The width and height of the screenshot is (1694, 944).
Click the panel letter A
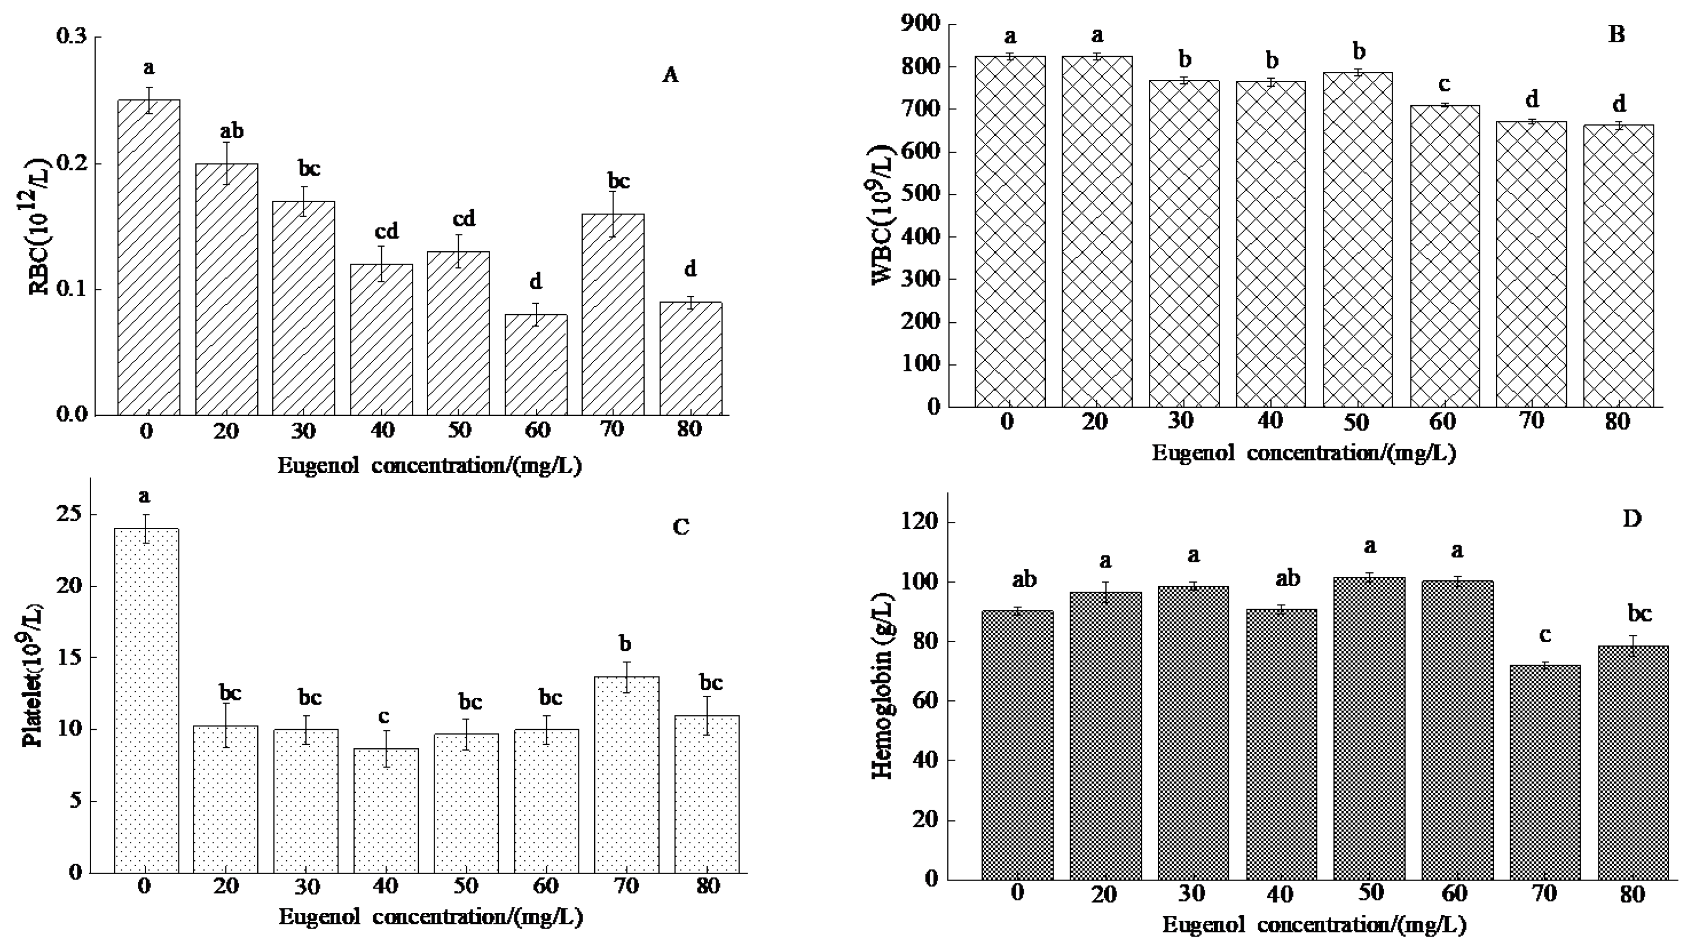click(670, 76)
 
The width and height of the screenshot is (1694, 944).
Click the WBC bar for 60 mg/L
click(1444, 256)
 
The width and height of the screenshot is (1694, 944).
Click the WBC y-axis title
click(883, 217)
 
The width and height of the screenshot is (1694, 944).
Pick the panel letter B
click(1616, 34)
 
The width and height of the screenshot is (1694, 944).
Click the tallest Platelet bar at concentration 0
click(146, 700)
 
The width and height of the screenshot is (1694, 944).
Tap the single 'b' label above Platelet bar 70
click(625, 644)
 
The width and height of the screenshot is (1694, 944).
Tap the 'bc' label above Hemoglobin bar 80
click(1634, 614)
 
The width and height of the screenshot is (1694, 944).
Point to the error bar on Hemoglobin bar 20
click(1105, 592)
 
